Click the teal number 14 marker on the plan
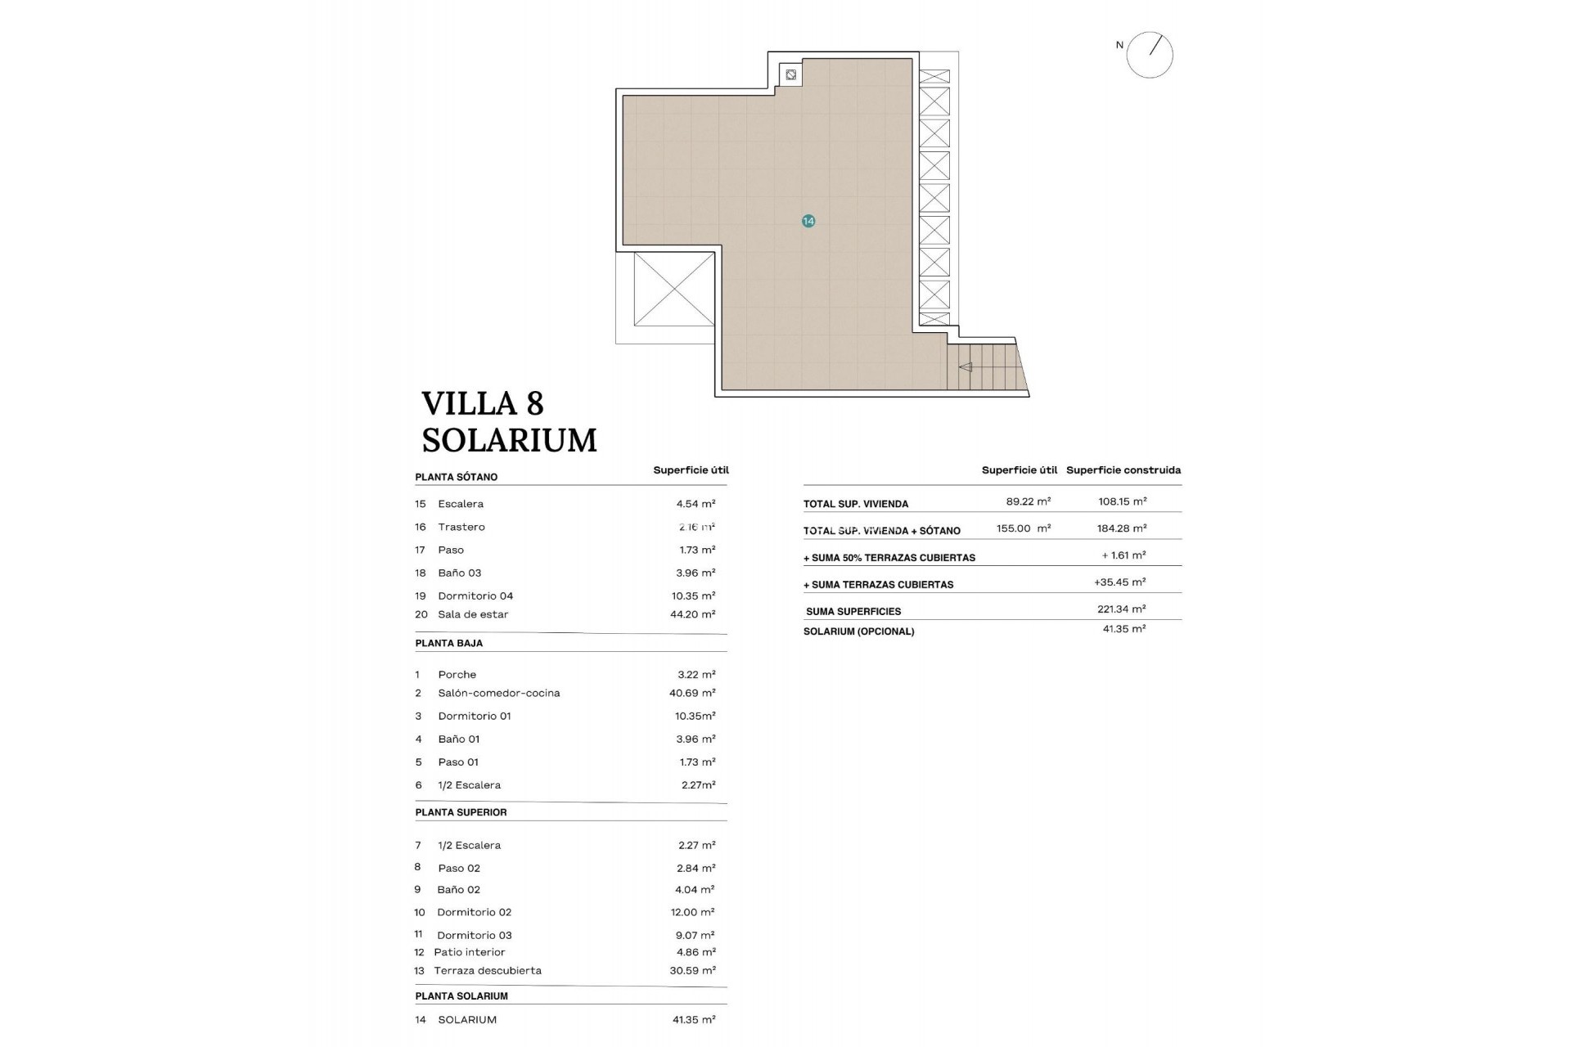(808, 221)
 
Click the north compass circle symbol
(1150, 56)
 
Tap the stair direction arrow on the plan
(966, 367)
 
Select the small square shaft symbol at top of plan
(790, 75)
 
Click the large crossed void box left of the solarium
(673, 289)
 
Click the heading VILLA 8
(482, 404)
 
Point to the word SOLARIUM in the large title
(509, 441)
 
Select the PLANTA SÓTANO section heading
(456, 477)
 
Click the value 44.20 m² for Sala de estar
(692, 614)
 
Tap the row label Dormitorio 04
(475, 596)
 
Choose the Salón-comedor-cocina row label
(498, 693)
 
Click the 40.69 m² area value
(692, 693)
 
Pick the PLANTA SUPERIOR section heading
(461, 812)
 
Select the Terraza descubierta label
(488, 971)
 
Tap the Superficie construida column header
(1123, 470)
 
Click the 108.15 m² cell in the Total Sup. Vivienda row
(1122, 502)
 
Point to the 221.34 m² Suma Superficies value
(1121, 609)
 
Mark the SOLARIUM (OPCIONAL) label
(858, 631)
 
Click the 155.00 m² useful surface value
(1023, 528)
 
